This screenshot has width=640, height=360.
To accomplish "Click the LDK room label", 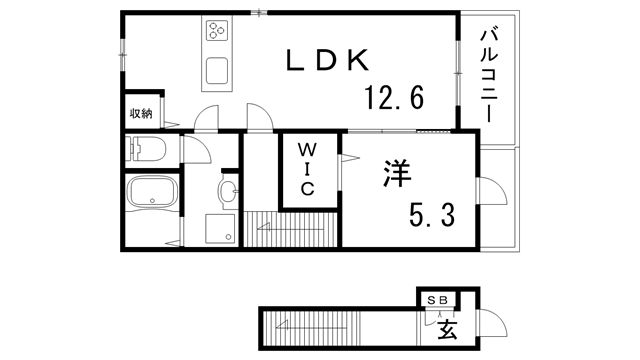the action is coord(327,60).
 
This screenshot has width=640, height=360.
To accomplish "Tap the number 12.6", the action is coord(394,98).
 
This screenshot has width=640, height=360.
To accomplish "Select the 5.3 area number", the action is coord(432,215).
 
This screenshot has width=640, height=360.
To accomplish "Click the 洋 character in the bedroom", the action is coord(397,173).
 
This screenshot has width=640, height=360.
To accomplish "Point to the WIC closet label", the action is coord(307,169).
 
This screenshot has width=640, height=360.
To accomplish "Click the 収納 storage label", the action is coord(141,113).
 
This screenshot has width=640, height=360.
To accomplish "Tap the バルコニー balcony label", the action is coord(489,76).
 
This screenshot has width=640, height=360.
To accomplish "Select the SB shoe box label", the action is coord(438,300).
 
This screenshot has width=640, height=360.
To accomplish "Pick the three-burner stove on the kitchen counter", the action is coord(217,30).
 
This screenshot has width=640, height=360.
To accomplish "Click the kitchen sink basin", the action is coord(217,70).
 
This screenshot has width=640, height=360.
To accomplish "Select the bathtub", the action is coord(153,192).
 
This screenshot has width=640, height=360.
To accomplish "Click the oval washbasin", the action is coord(228,191).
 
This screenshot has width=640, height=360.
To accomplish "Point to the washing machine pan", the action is coord(220,228).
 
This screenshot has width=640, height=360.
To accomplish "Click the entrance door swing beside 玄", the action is coord(493,323).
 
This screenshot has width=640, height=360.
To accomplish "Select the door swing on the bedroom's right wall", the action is coord(492,191).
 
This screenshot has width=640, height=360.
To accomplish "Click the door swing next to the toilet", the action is coord(197,150).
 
